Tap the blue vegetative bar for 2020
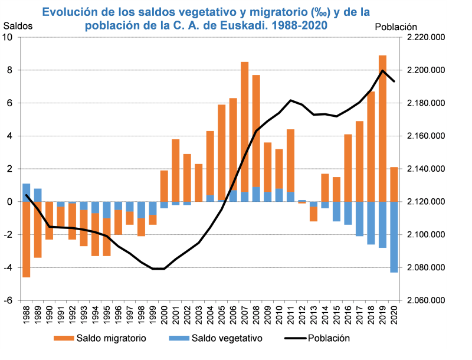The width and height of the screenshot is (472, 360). (x=394, y=237)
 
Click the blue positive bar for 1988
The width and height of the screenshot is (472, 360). (x=26, y=192)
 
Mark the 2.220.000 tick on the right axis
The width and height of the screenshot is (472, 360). (x=427, y=37)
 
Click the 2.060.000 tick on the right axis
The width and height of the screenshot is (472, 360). (x=427, y=300)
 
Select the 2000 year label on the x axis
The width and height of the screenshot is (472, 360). (x=164, y=317)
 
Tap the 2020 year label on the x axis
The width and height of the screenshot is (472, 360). (x=394, y=317)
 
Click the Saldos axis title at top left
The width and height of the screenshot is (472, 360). (x=18, y=26)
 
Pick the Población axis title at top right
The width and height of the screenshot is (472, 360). (x=396, y=27)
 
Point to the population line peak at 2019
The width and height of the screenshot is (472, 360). (x=383, y=71)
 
